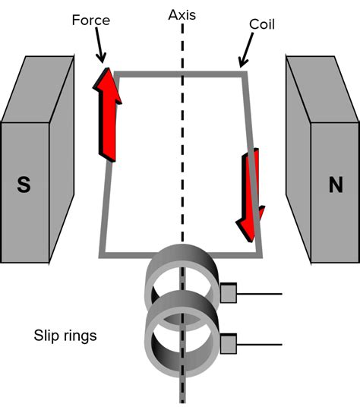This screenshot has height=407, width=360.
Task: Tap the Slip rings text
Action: click(x=65, y=335)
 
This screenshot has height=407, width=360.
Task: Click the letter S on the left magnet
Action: click(x=24, y=185)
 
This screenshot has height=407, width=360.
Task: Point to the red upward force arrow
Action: click(x=108, y=114)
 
